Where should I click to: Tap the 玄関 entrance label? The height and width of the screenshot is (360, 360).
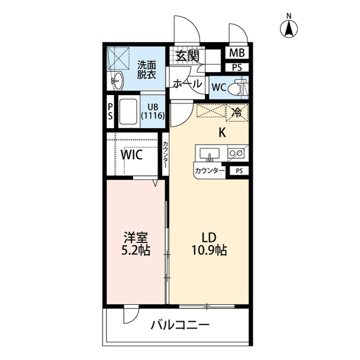click(x=187, y=56)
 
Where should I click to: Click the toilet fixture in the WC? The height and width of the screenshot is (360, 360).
click(x=240, y=88)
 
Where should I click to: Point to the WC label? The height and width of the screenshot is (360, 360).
click(x=219, y=88)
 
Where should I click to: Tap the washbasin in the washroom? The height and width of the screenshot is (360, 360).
click(x=117, y=80)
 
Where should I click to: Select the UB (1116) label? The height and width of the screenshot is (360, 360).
click(x=152, y=111)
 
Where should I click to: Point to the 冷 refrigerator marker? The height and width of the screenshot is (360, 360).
click(x=236, y=111)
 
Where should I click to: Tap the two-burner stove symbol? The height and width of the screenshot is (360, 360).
click(x=236, y=152)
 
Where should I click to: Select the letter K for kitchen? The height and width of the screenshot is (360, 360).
click(x=222, y=133)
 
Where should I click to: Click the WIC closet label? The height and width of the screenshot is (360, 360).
click(x=132, y=154)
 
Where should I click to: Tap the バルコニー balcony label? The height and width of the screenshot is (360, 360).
click(x=179, y=325)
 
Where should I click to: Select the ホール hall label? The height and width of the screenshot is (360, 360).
click(x=187, y=84)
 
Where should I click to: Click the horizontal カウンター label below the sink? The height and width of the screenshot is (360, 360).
click(x=209, y=170)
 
